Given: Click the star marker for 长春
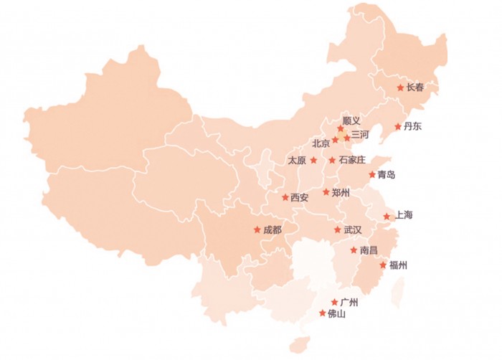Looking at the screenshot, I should pyautogui.click(x=400, y=87).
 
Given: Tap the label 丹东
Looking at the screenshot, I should pyautogui.click(x=413, y=127).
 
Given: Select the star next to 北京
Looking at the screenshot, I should pyautogui.click(x=335, y=140).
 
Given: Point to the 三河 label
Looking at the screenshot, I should pyautogui.click(x=360, y=135).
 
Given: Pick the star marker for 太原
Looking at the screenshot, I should pyautogui.click(x=313, y=160).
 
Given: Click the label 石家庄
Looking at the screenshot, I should pyautogui.click(x=352, y=160).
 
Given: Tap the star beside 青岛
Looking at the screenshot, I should pyautogui.click(x=372, y=174).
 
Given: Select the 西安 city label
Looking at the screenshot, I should pyautogui.click(x=300, y=197).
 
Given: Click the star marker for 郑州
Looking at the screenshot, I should pyautogui.click(x=326, y=192).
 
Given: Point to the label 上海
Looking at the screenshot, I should pyautogui.click(x=404, y=215).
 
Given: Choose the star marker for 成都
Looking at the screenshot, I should pyautogui.click(x=257, y=230).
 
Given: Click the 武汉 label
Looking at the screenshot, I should pyautogui.click(x=353, y=230).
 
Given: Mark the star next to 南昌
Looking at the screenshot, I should pyautogui.click(x=354, y=250).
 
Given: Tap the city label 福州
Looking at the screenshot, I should pyautogui.click(x=398, y=265).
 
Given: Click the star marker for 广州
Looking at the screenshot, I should pyautogui.click(x=334, y=302).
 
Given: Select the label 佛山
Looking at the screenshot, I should pyautogui.click(x=336, y=313).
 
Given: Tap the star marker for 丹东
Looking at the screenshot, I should pyautogui.click(x=398, y=127).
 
